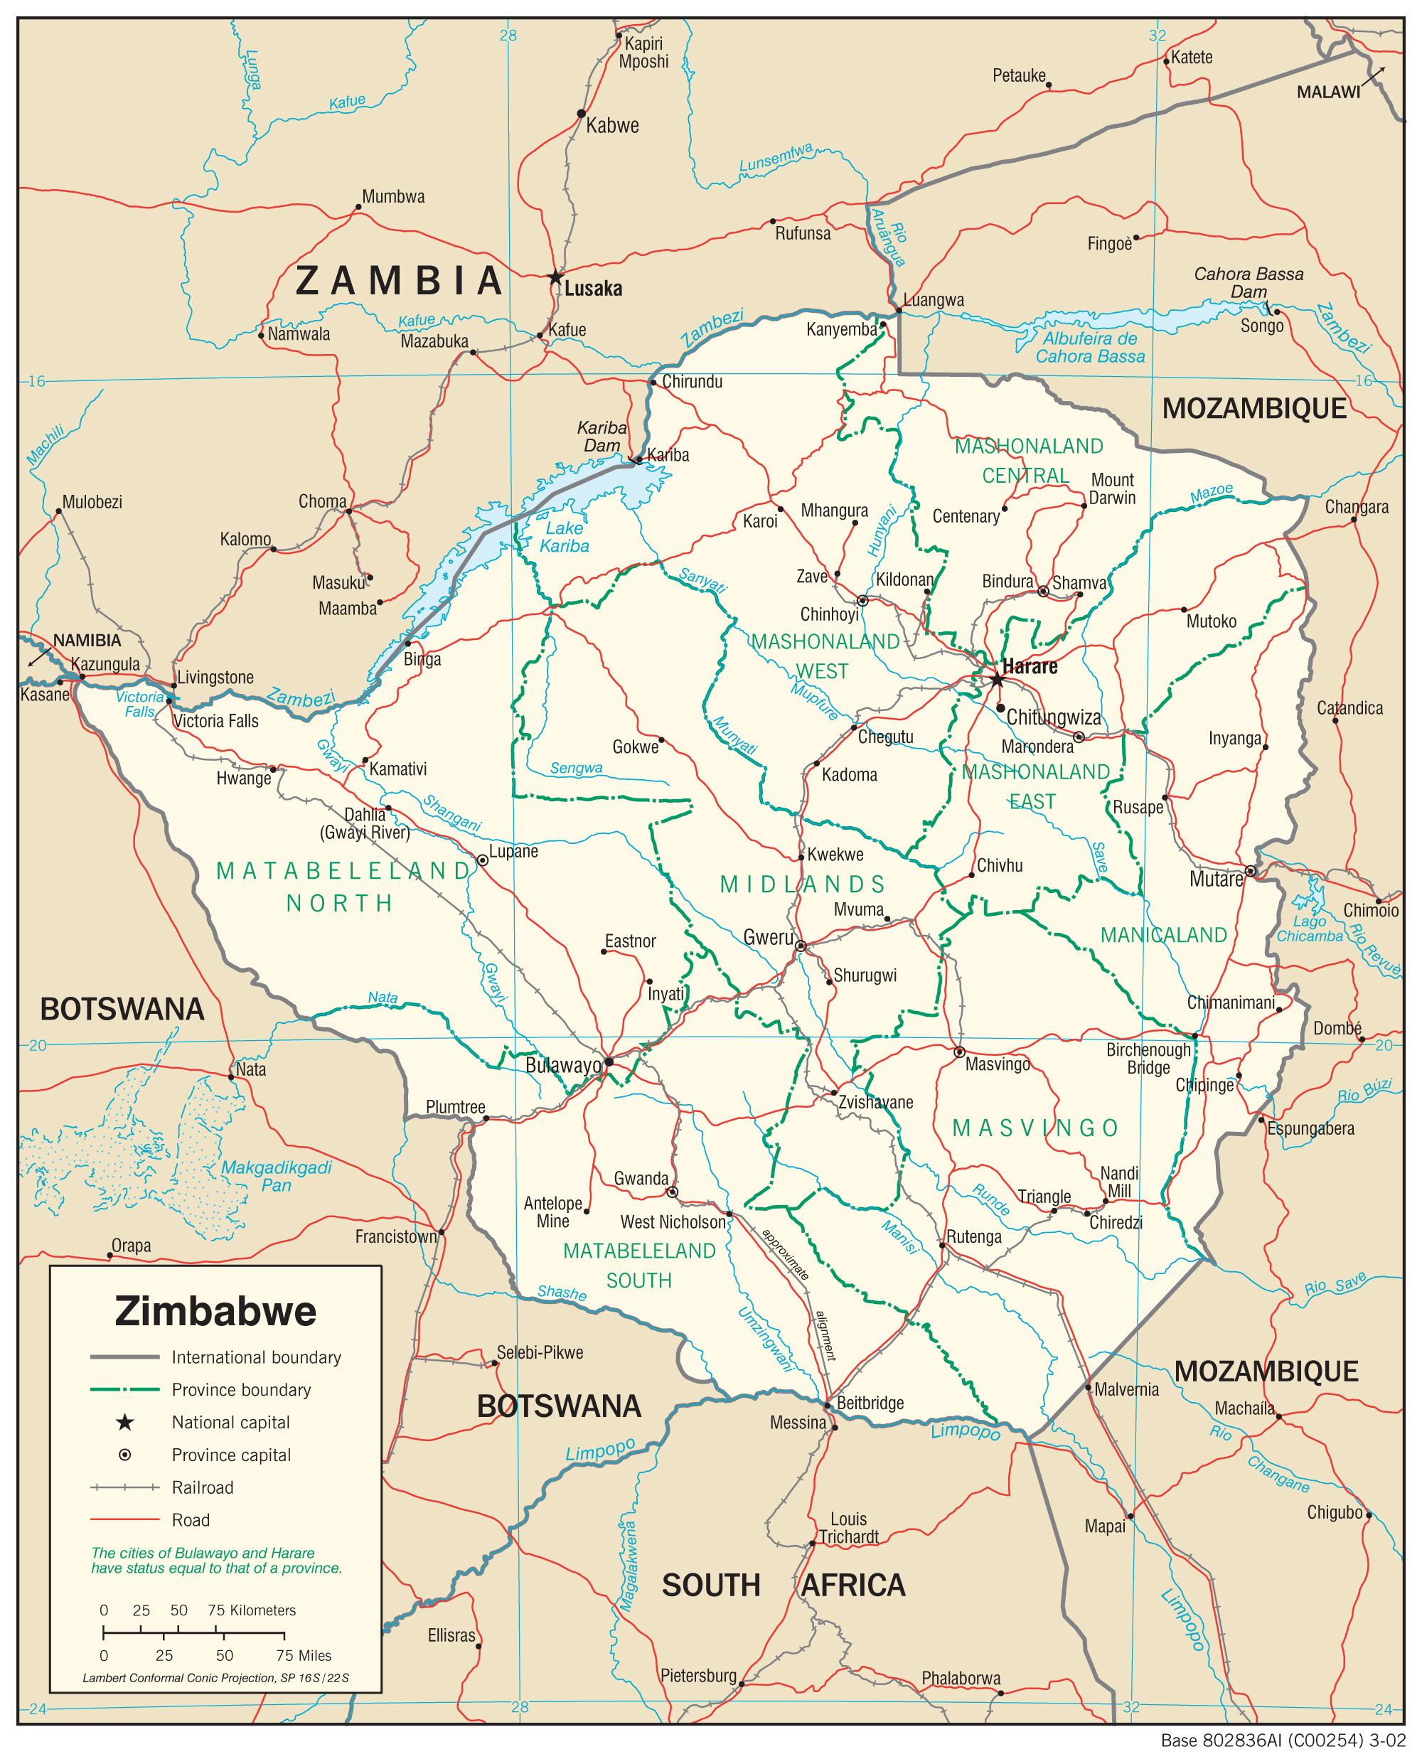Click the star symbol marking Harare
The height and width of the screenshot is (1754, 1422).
tap(996, 679)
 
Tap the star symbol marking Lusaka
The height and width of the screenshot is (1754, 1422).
tap(555, 276)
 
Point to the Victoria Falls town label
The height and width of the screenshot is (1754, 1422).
tap(216, 721)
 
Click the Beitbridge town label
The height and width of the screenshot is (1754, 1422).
tap(870, 1402)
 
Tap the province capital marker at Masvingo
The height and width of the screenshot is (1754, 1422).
tap(959, 1052)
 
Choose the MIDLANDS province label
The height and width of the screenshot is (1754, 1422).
tap(803, 884)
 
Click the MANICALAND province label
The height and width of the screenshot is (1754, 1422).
tap(1163, 935)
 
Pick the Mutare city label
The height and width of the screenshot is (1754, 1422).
tap(1216, 879)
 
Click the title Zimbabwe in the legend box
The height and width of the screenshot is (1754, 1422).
tap(215, 1311)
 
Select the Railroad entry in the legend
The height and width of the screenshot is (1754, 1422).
tap(203, 1487)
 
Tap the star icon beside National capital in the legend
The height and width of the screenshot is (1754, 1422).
tap(124, 1422)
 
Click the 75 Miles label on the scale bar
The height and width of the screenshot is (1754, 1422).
tap(304, 1655)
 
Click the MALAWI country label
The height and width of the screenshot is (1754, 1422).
tap(1328, 92)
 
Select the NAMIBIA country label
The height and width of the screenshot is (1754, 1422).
tap(87, 640)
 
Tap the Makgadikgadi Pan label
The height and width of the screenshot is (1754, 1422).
tap(276, 1176)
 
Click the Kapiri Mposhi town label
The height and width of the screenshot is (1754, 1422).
tap(644, 53)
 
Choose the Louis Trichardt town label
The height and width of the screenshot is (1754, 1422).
tap(849, 1528)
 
